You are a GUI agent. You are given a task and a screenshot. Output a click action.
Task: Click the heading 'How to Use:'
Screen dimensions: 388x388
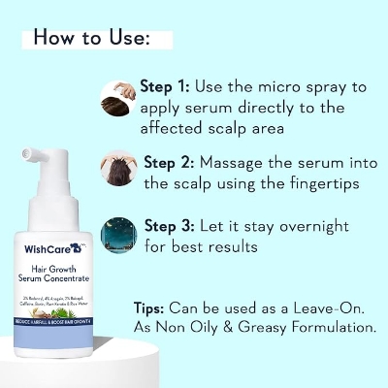91,40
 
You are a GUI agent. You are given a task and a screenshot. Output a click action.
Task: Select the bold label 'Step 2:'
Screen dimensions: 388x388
172,161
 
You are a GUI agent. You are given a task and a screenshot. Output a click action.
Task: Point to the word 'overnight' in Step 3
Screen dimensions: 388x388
323,226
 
